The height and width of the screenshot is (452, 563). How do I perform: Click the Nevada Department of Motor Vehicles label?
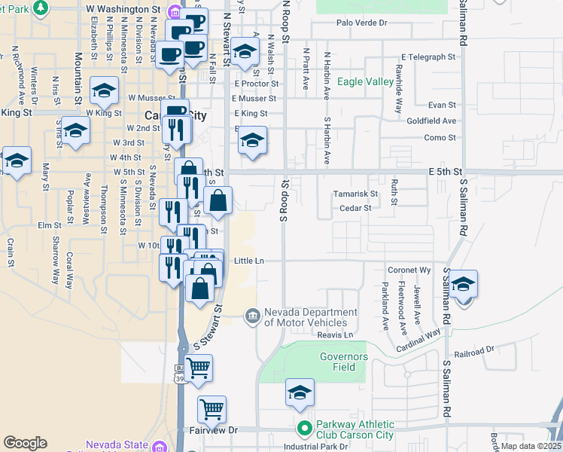point(309,317)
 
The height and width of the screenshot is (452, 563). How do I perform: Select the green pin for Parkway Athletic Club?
point(304,429)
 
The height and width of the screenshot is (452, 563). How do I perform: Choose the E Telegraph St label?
point(428,56)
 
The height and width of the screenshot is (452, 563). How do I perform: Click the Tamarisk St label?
point(355,194)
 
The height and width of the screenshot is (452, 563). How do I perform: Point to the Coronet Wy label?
point(409,270)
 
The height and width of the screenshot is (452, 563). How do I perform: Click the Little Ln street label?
point(249,261)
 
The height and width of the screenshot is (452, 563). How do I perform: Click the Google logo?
point(25,443)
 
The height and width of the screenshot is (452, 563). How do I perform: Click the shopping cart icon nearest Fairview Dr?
point(212,410)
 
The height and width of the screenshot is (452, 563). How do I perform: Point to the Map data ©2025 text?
point(531,446)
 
